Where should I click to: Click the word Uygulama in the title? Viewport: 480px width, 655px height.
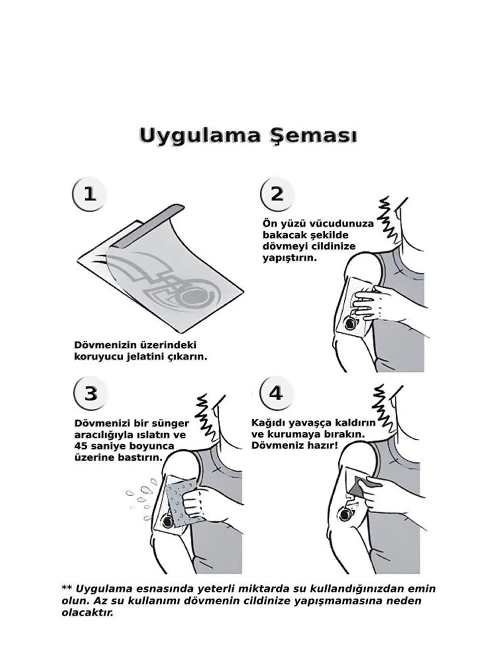coord(199,136)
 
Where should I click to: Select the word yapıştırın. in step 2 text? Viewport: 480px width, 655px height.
coord(290,258)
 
